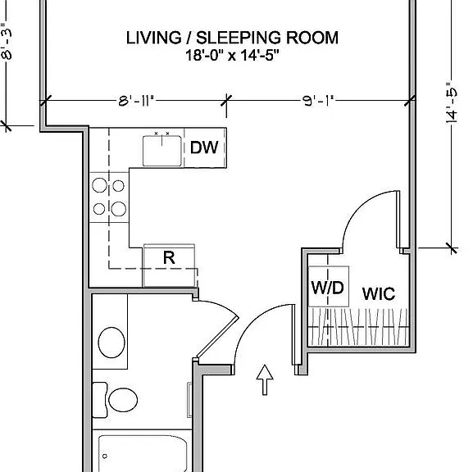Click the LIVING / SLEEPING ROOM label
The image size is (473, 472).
click(x=232, y=38)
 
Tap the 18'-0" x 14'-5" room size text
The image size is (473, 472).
click(x=232, y=56)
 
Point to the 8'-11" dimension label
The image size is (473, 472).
click(x=136, y=101)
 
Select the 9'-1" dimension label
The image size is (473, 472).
click(x=319, y=101)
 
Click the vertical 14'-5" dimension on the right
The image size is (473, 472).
click(x=452, y=102)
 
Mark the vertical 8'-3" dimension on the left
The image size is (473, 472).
click(x=7, y=41)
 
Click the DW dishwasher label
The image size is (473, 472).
click(x=204, y=147)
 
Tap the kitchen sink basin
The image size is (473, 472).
click(x=162, y=151)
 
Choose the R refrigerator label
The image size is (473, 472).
click(x=169, y=258)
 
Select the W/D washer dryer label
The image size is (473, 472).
click(x=327, y=288)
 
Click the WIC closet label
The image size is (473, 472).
click(x=379, y=293)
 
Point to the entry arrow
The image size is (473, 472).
click(x=265, y=379)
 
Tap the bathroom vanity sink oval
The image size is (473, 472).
click(x=111, y=343)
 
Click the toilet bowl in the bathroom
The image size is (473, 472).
click(x=123, y=400)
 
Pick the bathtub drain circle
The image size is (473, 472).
click(x=105, y=456)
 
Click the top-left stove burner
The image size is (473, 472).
click(x=99, y=185)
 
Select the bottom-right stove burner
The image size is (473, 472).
click(x=119, y=209)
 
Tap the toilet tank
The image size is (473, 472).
click(x=99, y=400)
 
